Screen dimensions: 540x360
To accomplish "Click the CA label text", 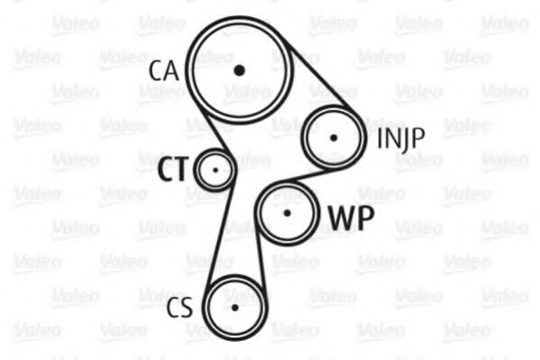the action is click(164, 70).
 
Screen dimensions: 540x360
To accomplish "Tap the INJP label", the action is click(401, 139).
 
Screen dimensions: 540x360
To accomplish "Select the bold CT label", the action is click(174, 169).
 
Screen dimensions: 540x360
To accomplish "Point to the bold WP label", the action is click(352, 218).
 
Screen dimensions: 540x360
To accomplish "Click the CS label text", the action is click(179, 308).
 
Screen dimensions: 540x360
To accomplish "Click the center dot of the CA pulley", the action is click(240, 70).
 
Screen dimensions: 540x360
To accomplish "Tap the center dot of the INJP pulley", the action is click(333, 138).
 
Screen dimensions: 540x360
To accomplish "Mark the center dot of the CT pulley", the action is click(215, 170).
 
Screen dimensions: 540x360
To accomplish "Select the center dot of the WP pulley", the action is click(287, 214).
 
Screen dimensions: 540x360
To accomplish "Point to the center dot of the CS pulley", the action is click(235, 308).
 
